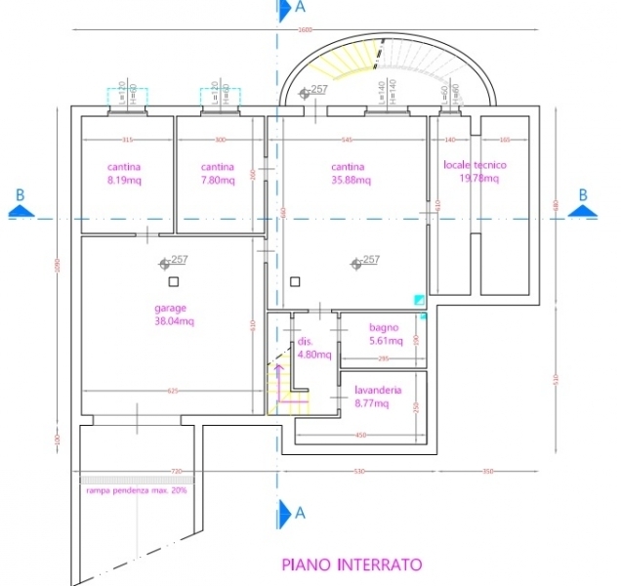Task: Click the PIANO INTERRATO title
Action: [352, 564]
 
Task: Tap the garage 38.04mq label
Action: [175, 314]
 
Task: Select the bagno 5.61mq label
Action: [386, 334]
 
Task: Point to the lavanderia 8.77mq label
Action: [377, 396]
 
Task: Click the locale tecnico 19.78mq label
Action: [476, 172]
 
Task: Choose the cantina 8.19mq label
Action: [124, 174]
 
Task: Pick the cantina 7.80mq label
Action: [218, 174]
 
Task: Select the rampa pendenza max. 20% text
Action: [137, 489]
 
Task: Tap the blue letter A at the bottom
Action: [300, 511]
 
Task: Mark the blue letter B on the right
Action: [583, 194]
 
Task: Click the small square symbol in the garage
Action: [173, 281]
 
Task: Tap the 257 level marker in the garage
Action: [175, 260]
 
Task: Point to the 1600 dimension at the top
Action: [305, 30]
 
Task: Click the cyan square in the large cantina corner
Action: [419, 300]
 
